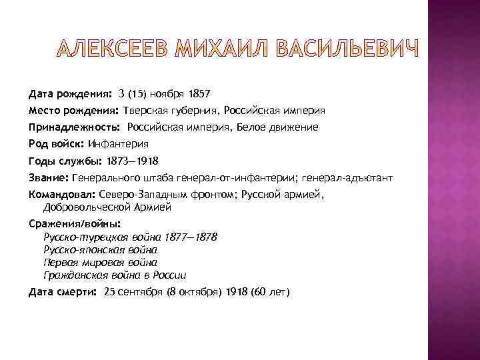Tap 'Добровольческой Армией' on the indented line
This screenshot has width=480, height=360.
pos(107,207)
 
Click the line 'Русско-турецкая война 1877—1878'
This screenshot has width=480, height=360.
pos(130,237)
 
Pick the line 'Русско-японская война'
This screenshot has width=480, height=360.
pos(100,250)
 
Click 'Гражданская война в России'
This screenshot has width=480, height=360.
pos(115,275)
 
